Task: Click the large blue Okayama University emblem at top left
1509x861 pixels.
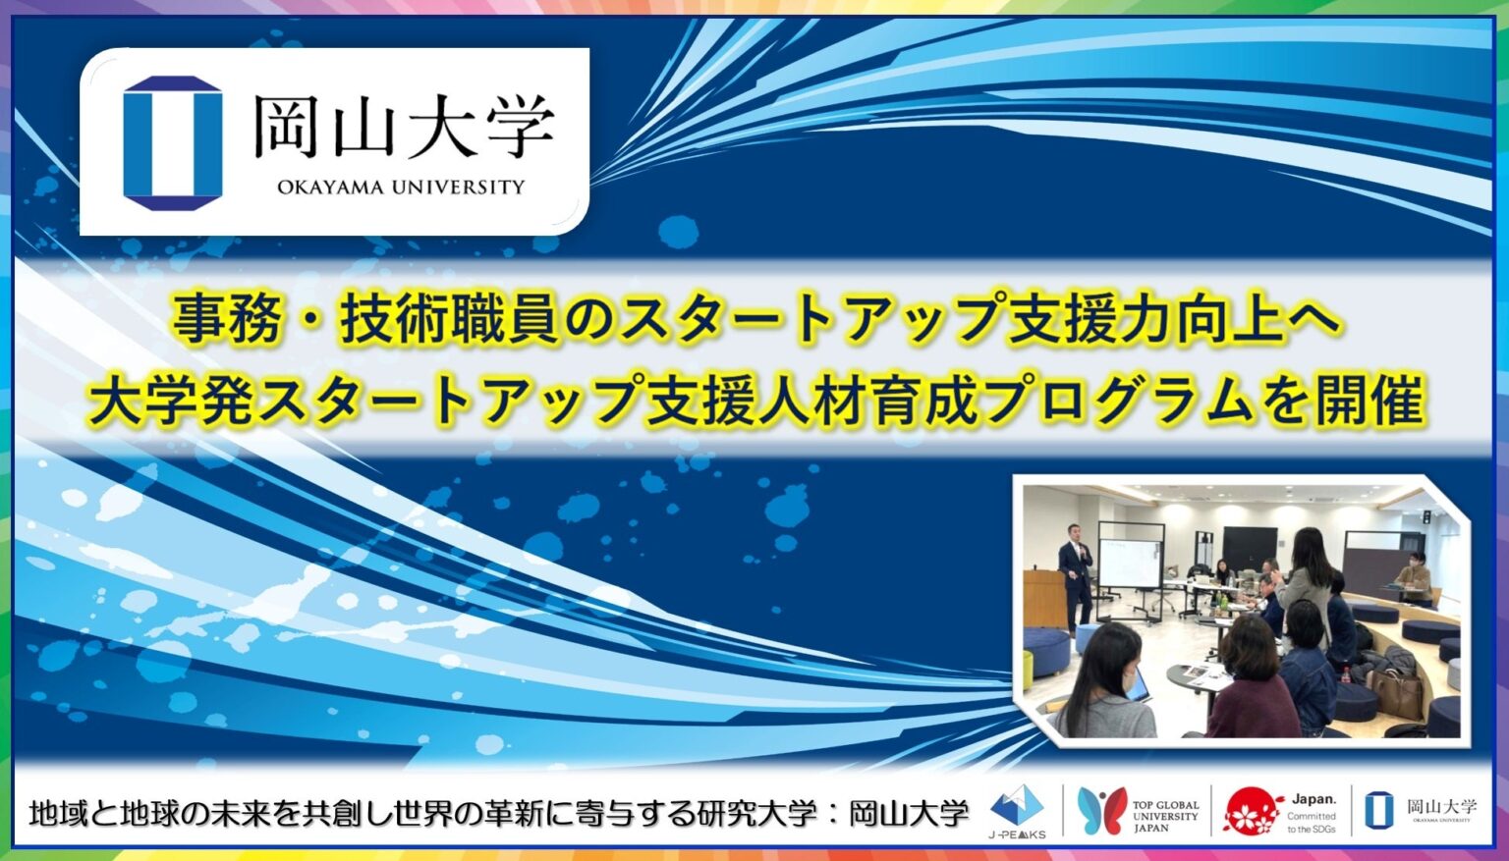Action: click(173, 142)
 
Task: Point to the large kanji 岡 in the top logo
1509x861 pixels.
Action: click(285, 126)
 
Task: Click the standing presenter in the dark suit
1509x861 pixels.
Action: click(1076, 579)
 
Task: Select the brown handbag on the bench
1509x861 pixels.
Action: click(1395, 692)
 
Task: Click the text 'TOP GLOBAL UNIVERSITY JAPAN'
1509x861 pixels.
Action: click(1165, 816)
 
